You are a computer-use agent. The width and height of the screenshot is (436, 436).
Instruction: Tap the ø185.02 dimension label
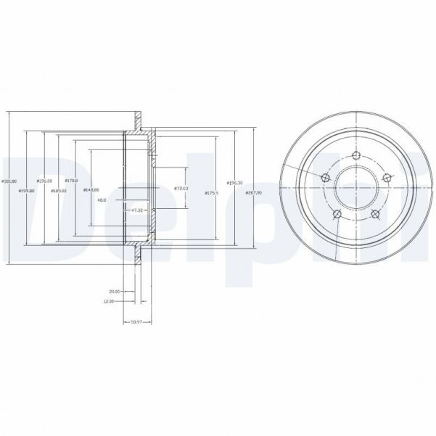point(59,191)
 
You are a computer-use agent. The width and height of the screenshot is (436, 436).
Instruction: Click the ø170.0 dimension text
point(71,181)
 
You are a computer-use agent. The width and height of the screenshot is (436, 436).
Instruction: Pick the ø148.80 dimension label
point(91,190)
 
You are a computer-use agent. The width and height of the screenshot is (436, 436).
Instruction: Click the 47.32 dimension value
point(136,210)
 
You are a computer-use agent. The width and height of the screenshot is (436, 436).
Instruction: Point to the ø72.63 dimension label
point(181,189)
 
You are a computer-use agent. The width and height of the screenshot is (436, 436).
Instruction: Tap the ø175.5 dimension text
point(212,193)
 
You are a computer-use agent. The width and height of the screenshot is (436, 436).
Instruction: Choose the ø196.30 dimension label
point(234,183)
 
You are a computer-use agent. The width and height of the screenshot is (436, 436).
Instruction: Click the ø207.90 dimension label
point(254,193)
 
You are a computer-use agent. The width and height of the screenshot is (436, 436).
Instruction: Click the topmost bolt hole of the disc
point(355,154)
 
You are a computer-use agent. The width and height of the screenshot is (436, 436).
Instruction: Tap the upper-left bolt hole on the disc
point(324,178)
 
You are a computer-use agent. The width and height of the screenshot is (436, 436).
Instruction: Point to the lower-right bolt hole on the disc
point(375,213)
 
